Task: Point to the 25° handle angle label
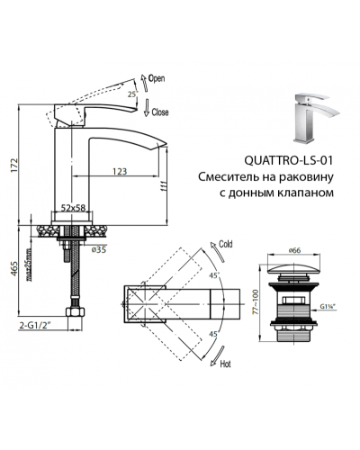[x=131, y=94]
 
